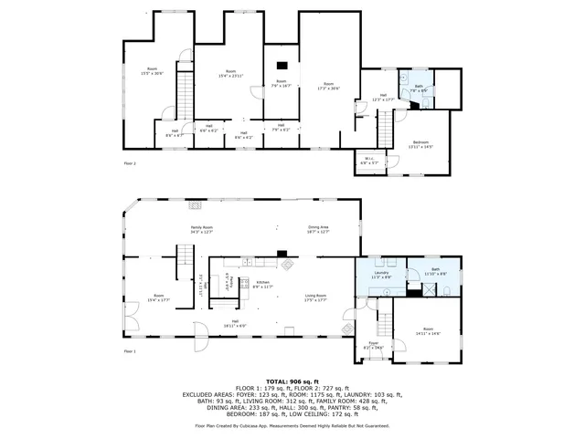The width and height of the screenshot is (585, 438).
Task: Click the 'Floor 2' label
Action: tap(129, 163)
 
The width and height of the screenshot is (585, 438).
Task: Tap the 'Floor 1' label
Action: tap(129, 350)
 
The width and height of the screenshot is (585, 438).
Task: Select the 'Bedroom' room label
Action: tap(420, 143)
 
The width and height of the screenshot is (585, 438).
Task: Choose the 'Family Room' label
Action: tap(201, 229)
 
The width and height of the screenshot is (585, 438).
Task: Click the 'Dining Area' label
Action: tap(318, 229)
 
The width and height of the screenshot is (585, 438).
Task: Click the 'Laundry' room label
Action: tap(381, 274)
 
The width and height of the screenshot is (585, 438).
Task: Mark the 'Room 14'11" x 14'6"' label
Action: tap(428, 330)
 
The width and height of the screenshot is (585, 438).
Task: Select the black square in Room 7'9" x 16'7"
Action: tap(282, 65)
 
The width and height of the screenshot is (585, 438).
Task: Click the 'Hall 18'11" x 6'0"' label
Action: tap(235, 323)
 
